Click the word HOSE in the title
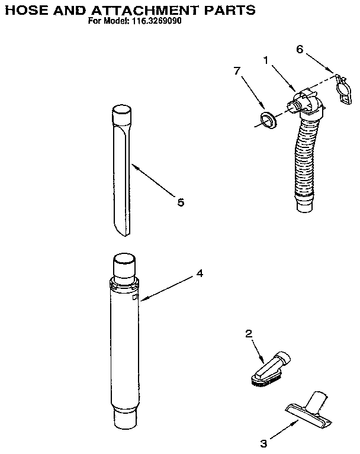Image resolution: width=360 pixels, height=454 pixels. [28, 9]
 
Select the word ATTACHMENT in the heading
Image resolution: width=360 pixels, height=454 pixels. [139, 9]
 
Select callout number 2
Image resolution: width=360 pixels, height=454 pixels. [249, 334]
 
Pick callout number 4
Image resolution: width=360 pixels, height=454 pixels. [200, 273]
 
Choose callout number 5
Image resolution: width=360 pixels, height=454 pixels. [180, 202]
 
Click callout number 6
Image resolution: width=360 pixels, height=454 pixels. [300, 50]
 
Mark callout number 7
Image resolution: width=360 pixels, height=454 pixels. [237, 71]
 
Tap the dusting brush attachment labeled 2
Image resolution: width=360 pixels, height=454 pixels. [271, 366]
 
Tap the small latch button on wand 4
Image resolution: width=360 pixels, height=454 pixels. [136, 298]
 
